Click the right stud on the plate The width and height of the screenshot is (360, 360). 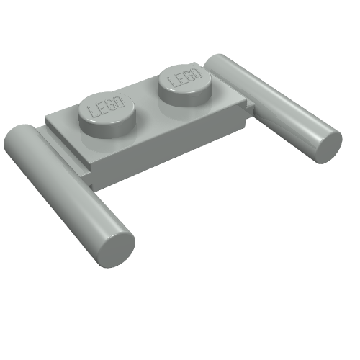(x=184, y=80)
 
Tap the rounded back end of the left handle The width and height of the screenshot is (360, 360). (x=22, y=135)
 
